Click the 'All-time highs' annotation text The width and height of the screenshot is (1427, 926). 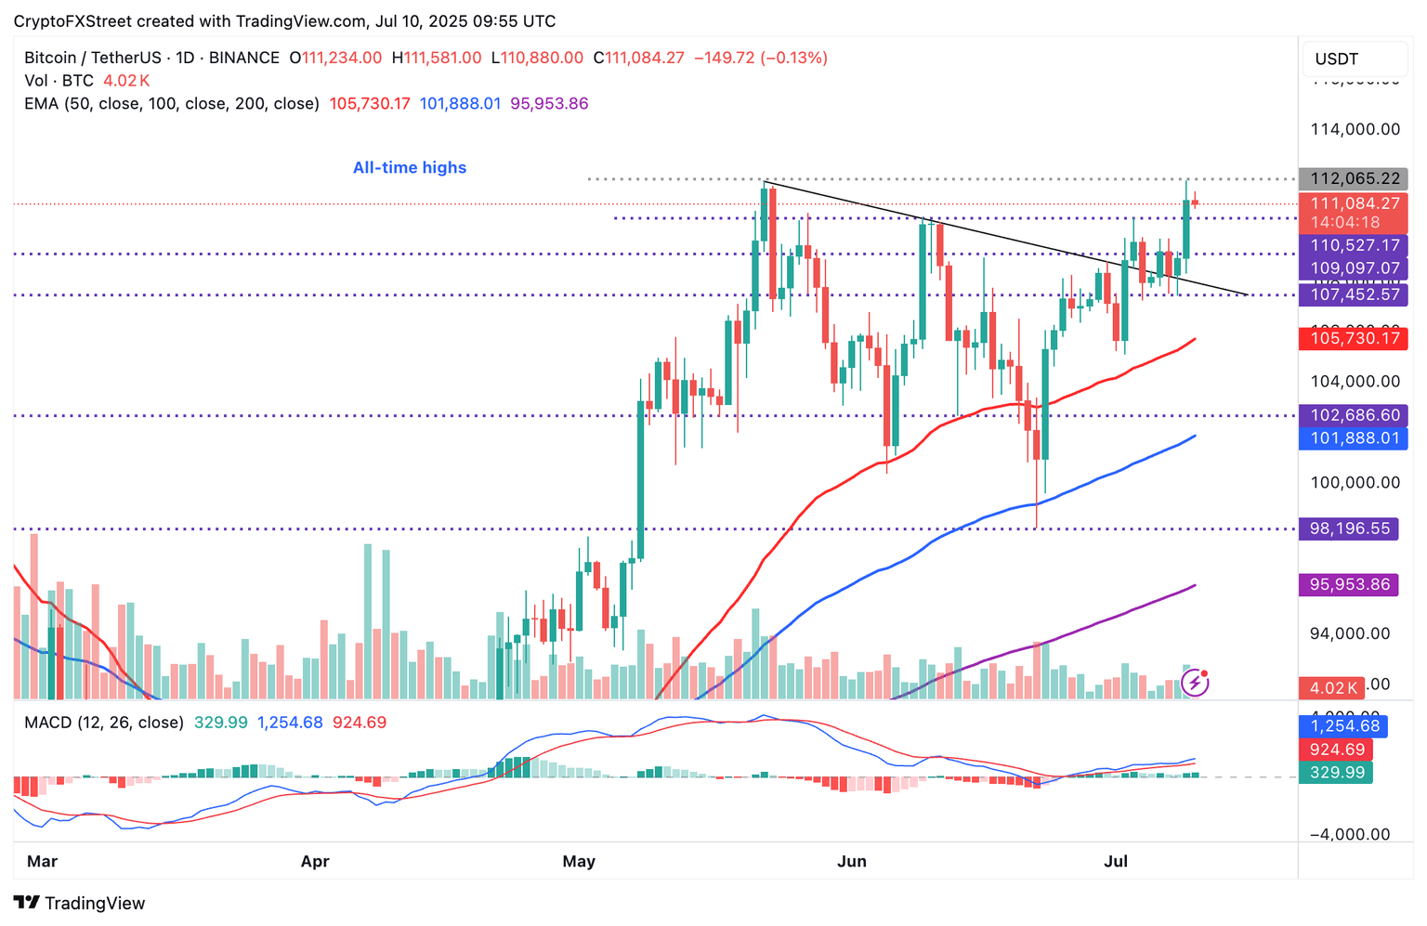(410, 168)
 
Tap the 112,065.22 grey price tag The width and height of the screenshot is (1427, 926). (1355, 179)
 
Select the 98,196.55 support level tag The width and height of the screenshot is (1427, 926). (1350, 528)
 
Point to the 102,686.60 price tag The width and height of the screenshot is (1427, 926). (1355, 415)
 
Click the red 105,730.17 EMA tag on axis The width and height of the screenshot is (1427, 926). (1355, 338)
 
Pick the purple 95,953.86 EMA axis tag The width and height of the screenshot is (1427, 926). (1350, 585)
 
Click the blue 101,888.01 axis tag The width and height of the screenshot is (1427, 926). (1355, 438)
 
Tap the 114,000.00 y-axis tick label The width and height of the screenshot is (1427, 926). (1355, 129)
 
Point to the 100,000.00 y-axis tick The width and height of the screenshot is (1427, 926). (1355, 483)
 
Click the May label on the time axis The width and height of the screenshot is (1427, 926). (579, 862)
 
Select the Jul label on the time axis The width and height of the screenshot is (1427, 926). (1116, 862)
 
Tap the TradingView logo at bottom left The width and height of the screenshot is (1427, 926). (80, 903)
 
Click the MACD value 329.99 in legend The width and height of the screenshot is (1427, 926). (221, 723)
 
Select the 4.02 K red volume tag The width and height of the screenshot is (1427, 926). (1333, 688)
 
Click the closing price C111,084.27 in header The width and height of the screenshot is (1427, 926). (639, 58)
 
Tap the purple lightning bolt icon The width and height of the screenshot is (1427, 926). (1195, 684)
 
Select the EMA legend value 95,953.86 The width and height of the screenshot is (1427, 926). (549, 104)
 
